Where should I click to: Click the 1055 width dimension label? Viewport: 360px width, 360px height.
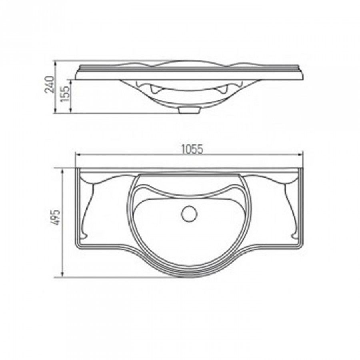[x=192, y=149]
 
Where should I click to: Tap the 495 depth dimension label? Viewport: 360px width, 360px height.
[x=56, y=217]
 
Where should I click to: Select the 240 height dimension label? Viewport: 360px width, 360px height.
[x=49, y=84]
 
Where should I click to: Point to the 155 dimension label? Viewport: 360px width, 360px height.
[x=65, y=94]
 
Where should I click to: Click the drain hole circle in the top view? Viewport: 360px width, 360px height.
[x=189, y=214]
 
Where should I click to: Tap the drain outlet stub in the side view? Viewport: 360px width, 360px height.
[x=189, y=110]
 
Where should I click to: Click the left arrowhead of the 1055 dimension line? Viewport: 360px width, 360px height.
[x=78, y=154]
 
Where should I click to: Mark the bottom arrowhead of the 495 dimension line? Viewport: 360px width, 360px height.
[x=62, y=274]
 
